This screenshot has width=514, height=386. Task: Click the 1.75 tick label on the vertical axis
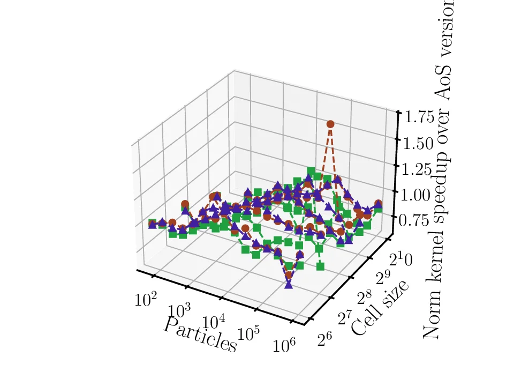(419, 116)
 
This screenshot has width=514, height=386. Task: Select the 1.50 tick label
(419, 143)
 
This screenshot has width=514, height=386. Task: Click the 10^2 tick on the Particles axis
(146, 299)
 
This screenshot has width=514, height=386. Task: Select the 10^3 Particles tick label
(179, 311)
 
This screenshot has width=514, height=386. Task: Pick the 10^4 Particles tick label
(214, 323)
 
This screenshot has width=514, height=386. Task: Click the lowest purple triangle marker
(289, 284)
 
